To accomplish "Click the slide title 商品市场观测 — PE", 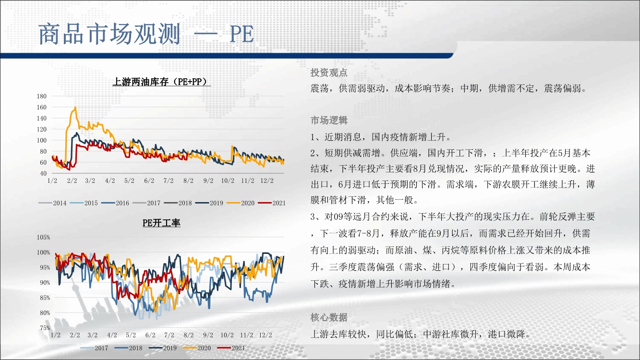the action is coord(146,34).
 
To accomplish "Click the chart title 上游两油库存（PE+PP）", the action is coord(161,82).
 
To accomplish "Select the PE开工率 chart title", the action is coord(161,223).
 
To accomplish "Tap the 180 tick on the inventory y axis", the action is coord(42,96).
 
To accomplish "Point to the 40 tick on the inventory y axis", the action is coord(43,173).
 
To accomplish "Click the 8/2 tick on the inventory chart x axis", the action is coord(188,181).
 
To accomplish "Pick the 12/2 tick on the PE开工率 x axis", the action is coord(266,335).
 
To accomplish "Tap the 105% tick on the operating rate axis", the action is coord(43,238).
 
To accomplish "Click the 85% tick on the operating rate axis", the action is coord(45,298).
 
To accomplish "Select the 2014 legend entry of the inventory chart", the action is coord(52,203).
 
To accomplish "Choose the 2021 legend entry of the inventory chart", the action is coord(272,203).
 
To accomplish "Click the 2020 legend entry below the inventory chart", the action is coord(240,203).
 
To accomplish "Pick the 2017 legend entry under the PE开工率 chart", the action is coord(94,348).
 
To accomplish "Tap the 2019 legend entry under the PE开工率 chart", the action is coord(163,348).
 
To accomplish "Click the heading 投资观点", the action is coord(329,72).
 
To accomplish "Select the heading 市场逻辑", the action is coord(329,120).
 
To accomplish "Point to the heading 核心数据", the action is coord(329,317).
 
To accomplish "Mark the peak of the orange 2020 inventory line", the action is coord(75,107).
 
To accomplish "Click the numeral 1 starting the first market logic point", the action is coord(313,137).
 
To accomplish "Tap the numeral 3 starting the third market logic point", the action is coord(313,217).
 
